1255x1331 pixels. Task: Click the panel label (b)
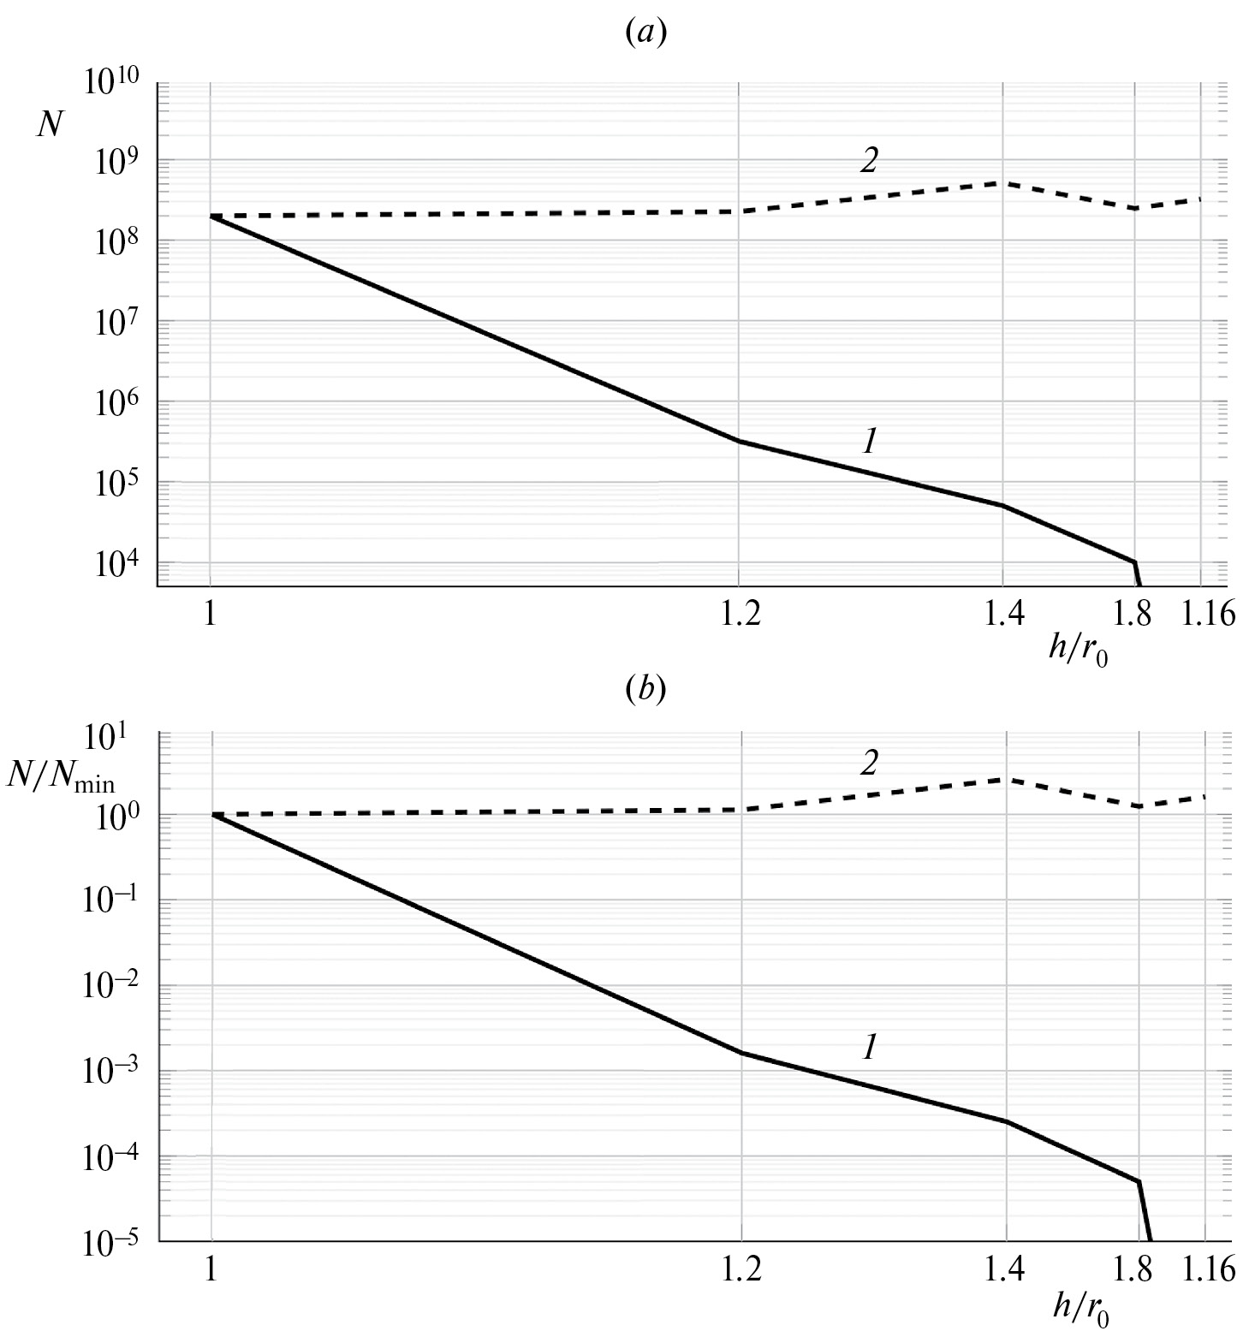(x=645, y=690)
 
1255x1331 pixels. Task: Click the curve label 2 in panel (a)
(x=869, y=161)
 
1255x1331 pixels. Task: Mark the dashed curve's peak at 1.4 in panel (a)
(x=1002, y=182)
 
